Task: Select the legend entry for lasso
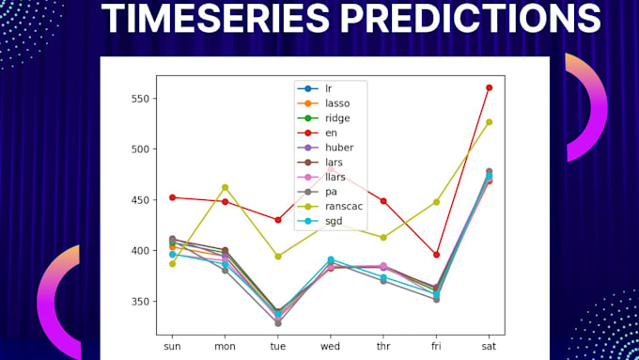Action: [x=335, y=104]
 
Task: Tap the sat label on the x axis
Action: [x=489, y=346]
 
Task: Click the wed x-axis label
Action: [x=330, y=346]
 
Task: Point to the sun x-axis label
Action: [x=172, y=346]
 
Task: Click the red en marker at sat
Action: [x=489, y=87]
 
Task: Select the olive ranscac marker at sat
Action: [x=489, y=121]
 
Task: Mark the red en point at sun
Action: [x=172, y=197]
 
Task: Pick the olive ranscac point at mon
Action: [x=225, y=187]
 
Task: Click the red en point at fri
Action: [x=436, y=254]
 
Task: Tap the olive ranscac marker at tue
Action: [x=277, y=256]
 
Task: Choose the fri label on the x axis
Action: [x=436, y=346]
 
